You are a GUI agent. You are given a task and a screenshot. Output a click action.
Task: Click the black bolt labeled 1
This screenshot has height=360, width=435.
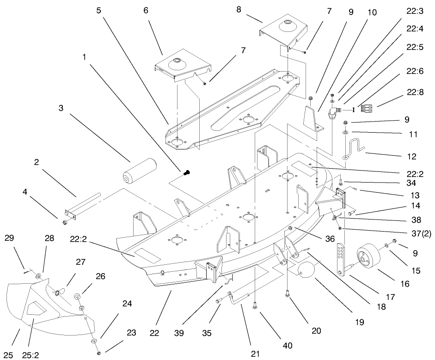point(187,173)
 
